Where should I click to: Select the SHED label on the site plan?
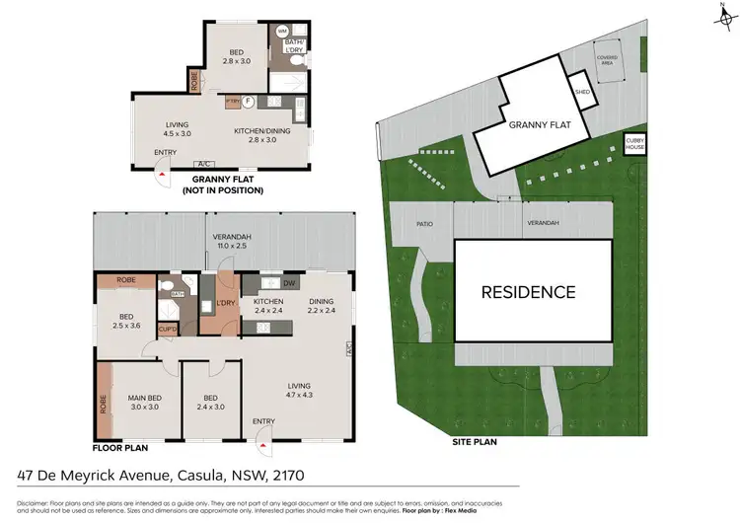583,94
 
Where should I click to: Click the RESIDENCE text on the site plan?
528,292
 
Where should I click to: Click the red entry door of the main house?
262,441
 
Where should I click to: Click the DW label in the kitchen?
289,284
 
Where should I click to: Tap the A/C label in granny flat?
205,164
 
